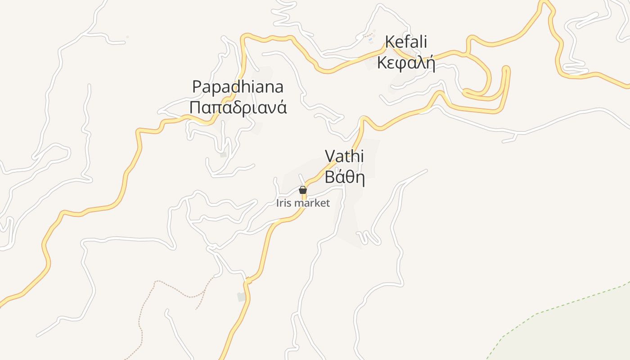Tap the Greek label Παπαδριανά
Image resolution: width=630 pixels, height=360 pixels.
238,108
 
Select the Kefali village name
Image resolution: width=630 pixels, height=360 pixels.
406,42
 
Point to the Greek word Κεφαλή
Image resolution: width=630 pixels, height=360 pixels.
406,63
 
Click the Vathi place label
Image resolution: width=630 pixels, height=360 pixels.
344,156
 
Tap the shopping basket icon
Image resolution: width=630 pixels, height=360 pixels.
303,190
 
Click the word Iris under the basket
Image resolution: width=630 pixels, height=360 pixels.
284,203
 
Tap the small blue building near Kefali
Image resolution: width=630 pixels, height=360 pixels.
370,40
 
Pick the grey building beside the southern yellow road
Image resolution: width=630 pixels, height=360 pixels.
242,297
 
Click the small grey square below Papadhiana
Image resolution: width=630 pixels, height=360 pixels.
224,155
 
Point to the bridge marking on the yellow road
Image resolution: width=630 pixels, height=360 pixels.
248,280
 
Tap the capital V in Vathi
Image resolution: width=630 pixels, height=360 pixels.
330,156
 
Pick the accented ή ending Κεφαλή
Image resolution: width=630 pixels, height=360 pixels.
431,63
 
